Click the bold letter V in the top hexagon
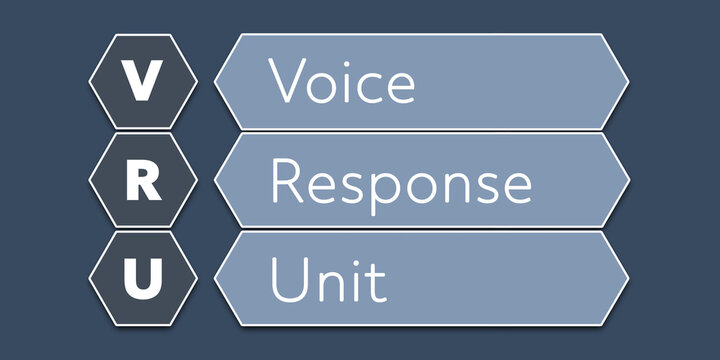click(x=144, y=81)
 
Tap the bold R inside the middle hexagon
click(x=144, y=181)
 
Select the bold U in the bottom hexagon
click(x=144, y=279)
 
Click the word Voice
click(x=341, y=81)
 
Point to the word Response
click(x=400, y=183)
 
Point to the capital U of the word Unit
click(x=289, y=281)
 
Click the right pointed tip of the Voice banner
click(x=627, y=82)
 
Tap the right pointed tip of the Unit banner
click(x=627, y=278)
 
